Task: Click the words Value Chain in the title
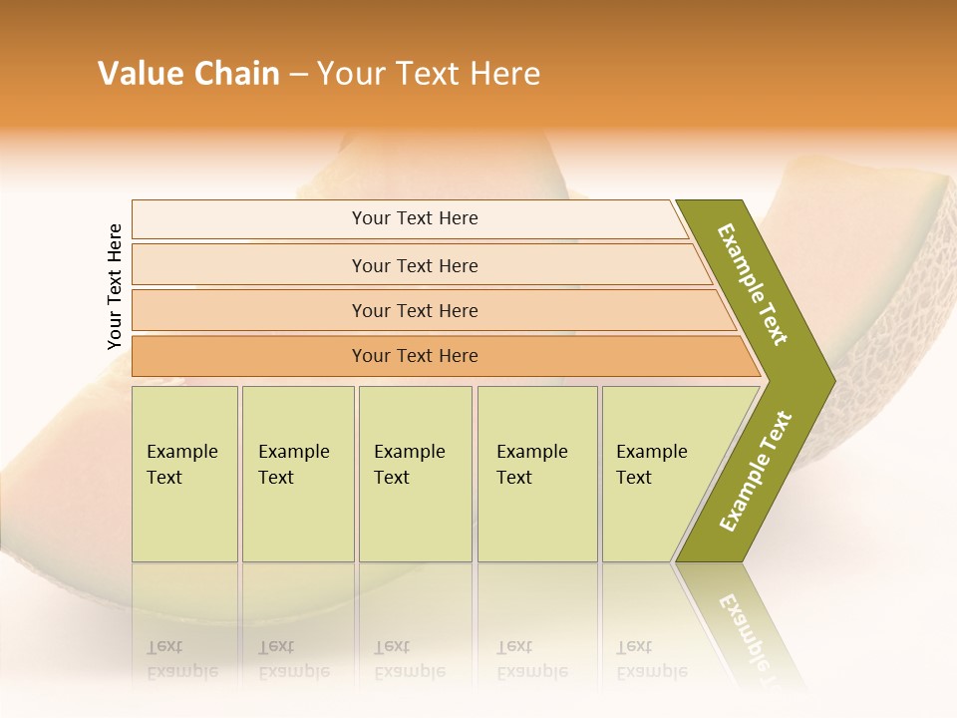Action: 188,74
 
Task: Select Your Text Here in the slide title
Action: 429,74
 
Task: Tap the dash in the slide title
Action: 298,75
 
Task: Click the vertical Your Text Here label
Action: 115,287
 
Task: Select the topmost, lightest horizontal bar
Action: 415,218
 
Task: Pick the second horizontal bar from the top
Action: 415,265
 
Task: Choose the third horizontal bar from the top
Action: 415,310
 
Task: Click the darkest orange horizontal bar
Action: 415,356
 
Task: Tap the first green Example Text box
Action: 183,473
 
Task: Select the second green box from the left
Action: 297,473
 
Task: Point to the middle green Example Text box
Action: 415,473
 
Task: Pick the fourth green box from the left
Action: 536,473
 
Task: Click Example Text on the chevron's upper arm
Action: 753,284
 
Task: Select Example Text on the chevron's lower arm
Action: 756,471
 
